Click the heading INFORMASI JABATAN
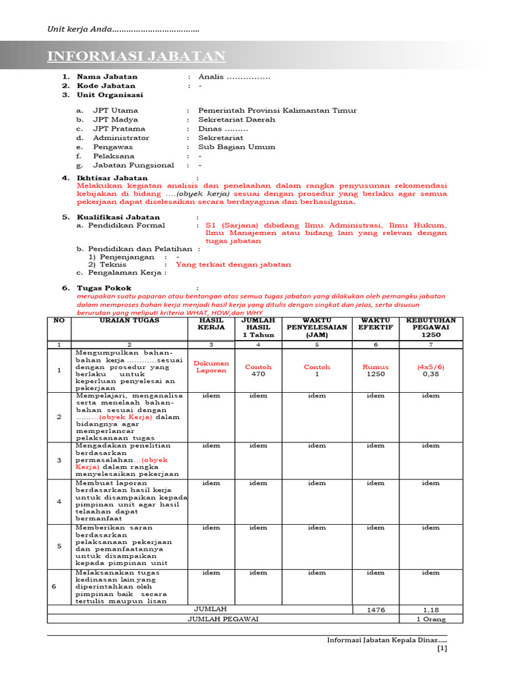(x=136, y=56)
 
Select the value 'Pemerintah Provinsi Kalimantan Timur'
(x=277, y=110)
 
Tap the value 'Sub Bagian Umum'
(x=237, y=147)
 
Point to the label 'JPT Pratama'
(x=119, y=129)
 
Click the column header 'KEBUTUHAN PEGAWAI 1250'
(x=430, y=327)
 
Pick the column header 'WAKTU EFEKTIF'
(x=375, y=323)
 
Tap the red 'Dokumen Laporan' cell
(x=211, y=366)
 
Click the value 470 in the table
(x=258, y=374)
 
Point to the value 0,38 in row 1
(x=430, y=374)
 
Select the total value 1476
(x=375, y=611)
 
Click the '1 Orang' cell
(x=430, y=619)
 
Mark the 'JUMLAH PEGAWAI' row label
(x=222, y=619)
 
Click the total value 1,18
(x=430, y=611)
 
